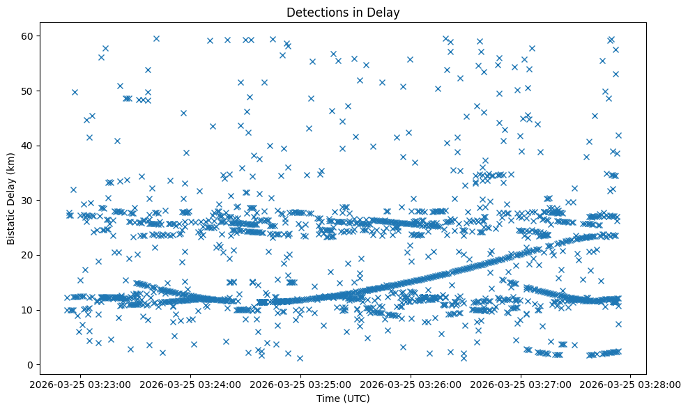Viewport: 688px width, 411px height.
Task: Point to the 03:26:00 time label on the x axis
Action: (x=411, y=384)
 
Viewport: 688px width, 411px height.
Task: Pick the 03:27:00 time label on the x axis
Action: (x=521, y=384)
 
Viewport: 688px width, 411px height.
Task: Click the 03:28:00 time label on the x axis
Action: (x=630, y=384)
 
